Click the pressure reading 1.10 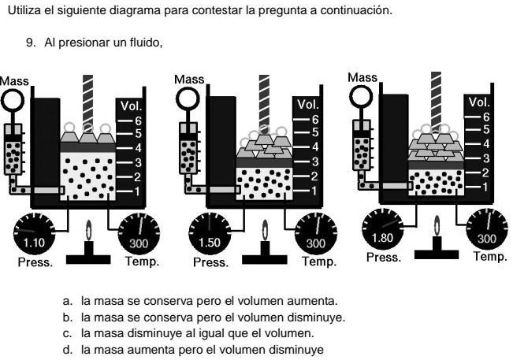34,243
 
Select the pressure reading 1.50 210,243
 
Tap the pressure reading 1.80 382,238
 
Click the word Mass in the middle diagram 189,79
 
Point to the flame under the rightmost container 437,225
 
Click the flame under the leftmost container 89,229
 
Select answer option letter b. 67,317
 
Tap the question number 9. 31,43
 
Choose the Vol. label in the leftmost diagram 131,106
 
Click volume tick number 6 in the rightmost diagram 486,117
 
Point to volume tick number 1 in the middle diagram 314,191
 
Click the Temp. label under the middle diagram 319,262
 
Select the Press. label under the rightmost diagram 384,258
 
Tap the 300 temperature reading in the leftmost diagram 139,243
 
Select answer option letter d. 67,350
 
